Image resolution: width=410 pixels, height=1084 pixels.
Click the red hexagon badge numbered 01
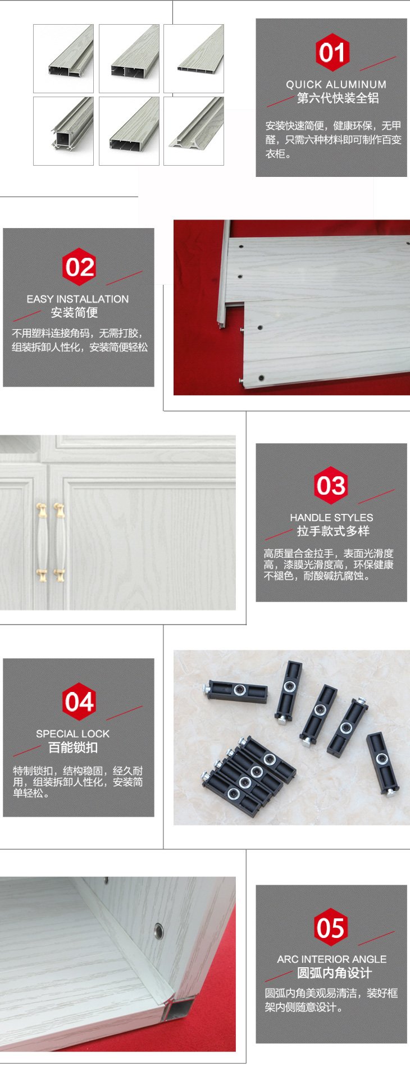[x=332, y=53]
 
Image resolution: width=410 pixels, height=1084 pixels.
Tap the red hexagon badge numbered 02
[x=79, y=267]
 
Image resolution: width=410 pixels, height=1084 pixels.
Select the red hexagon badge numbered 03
[x=331, y=485]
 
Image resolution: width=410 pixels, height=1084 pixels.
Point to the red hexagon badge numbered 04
[x=79, y=702]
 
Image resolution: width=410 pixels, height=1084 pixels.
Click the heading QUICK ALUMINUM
[x=336, y=84]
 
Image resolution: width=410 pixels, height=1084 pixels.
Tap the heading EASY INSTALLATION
[x=78, y=299]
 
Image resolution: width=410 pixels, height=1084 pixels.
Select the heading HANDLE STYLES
[x=331, y=517]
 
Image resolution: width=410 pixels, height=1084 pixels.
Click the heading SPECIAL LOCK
[x=73, y=734]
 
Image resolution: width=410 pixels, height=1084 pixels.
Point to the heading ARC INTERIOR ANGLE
[x=331, y=959]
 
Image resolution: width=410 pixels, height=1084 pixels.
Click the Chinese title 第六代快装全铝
[x=338, y=98]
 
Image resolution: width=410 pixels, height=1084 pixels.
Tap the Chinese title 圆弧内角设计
[x=334, y=973]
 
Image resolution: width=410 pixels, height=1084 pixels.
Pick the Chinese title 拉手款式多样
[x=333, y=531]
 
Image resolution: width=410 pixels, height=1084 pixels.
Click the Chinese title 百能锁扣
[x=73, y=748]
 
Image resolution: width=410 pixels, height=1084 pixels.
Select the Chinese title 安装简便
[x=74, y=312]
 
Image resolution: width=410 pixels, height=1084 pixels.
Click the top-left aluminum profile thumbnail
[x=63, y=58]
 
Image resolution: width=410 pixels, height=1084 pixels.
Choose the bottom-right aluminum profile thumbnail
[x=194, y=131]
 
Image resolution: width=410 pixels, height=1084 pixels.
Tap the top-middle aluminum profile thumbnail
[x=129, y=58]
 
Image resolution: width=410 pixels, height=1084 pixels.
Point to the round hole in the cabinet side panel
[x=159, y=930]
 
